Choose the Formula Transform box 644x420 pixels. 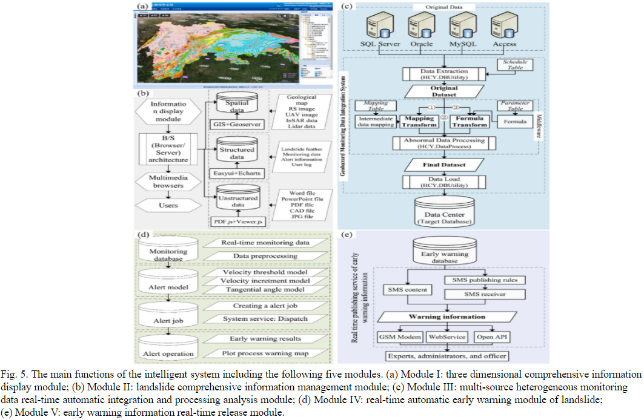(x=471, y=121)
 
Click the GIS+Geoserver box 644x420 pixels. (x=236, y=123)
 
